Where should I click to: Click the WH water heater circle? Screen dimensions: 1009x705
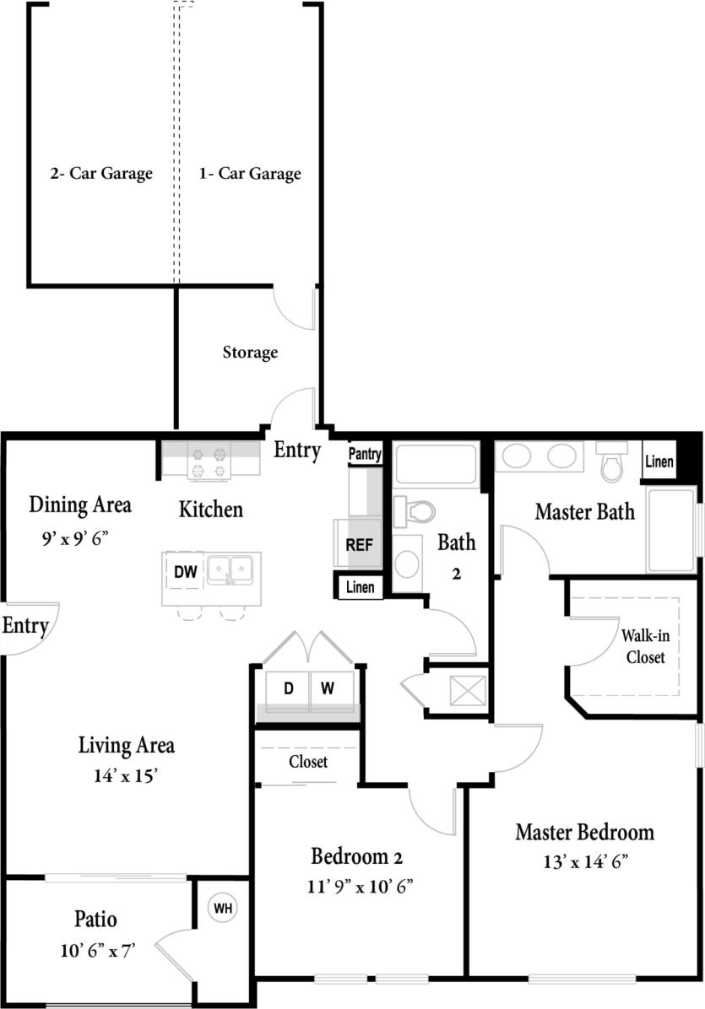point(223,909)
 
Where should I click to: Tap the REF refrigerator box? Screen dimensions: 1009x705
point(359,544)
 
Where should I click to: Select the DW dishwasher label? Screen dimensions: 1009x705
point(185,572)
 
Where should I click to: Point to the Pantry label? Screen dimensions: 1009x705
point(366,454)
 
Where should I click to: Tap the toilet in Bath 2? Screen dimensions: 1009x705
point(415,510)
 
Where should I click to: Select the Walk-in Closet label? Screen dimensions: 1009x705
point(643,645)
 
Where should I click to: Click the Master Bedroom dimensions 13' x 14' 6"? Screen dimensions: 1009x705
point(585,862)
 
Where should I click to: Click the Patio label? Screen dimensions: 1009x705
point(95,919)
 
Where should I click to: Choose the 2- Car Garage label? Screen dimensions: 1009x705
point(100,174)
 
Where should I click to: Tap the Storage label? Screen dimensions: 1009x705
point(250,352)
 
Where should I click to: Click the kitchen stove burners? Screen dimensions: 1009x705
point(209,462)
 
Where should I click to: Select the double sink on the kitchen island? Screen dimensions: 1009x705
point(230,569)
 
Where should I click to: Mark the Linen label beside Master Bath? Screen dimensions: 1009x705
point(659,461)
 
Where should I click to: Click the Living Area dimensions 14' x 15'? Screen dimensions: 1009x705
point(127,776)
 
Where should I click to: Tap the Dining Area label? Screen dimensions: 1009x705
point(80,505)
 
